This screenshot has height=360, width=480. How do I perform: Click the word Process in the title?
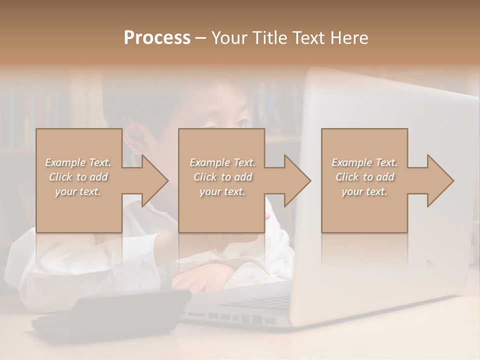157,38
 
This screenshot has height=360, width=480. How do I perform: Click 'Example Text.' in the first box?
78,162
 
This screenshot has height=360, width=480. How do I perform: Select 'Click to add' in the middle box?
222,177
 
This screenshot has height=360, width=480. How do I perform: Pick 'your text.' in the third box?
364,191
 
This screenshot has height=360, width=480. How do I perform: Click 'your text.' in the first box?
78,191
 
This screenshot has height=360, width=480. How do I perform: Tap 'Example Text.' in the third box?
364,162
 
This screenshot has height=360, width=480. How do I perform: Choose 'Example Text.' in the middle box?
222,162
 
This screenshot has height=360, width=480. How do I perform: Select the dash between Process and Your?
201,38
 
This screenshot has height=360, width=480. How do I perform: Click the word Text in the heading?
308,38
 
